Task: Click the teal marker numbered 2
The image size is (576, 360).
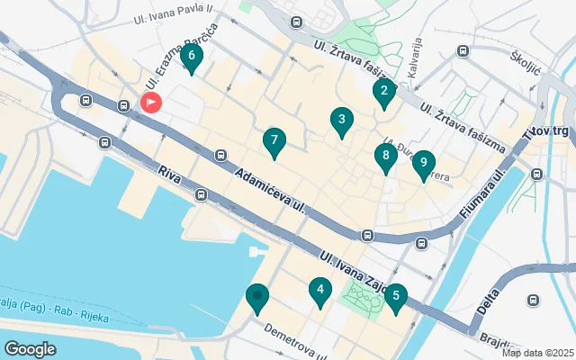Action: (384, 91)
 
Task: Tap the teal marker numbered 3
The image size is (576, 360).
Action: (341, 120)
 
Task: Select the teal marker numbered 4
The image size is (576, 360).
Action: (319, 291)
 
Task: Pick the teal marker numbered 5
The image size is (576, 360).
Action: (395, 296)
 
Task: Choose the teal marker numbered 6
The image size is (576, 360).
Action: (191, 57)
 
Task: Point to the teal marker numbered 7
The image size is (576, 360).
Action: (274, 141)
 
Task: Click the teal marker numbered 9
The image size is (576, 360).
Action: (423, 164)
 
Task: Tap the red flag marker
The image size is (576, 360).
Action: (150, 103)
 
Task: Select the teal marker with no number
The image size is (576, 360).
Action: (257, 297)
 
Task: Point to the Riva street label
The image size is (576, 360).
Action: (169, 171)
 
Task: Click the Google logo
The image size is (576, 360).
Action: (30, 348)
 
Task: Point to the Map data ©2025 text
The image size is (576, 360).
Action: (537, 353)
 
